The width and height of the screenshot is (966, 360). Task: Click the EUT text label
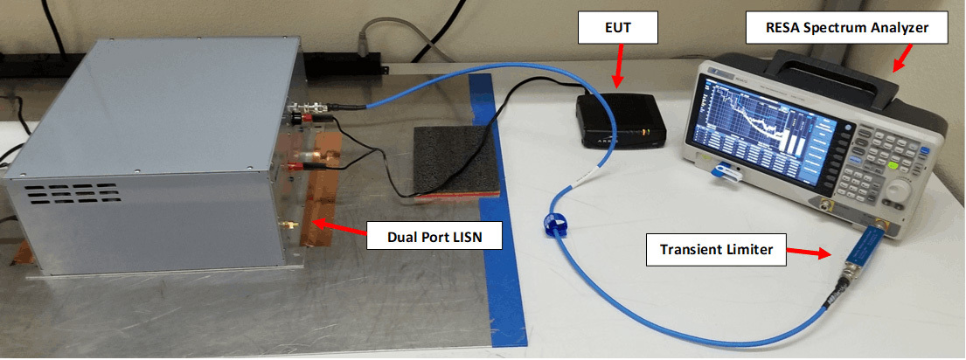617,29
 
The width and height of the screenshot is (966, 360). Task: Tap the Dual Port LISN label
434,236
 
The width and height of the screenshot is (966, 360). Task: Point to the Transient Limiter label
716,250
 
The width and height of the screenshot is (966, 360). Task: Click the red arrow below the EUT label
619,66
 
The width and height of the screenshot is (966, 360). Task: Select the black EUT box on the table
621,121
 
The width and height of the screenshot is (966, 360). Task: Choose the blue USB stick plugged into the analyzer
725,173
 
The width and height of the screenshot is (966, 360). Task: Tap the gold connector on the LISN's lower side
287,225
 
